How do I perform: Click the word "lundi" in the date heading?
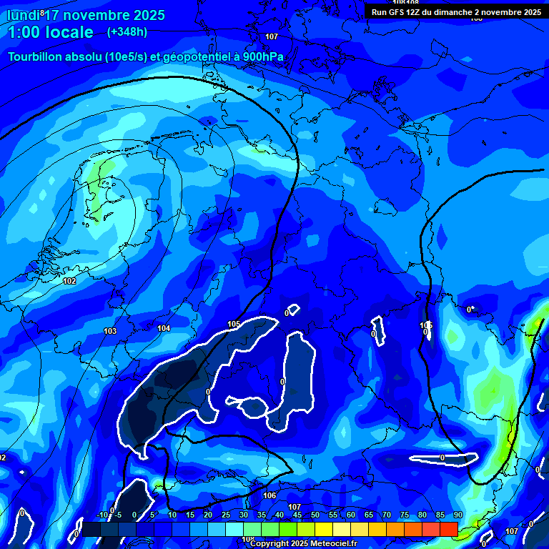click(23, 15)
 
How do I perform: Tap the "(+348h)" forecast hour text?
click(127, 32)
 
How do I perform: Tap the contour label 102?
click(69, 282)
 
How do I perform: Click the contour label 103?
click(109, 332)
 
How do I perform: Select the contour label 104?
click(164, 328)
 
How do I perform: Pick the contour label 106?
click(269, 495)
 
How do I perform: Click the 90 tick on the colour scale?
click(457, 515)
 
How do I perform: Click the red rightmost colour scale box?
click(448, 529)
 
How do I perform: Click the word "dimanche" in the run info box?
click(459, 12)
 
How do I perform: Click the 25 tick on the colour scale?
click(225, 515)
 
